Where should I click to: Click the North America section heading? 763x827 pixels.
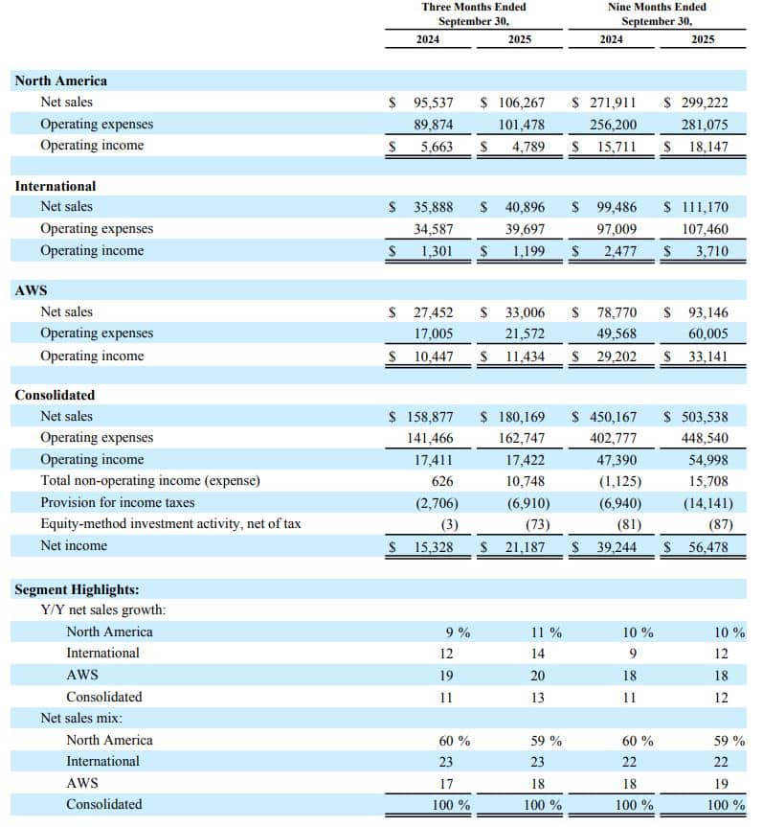click(60, 80)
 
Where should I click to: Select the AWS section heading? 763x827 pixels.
click(32, 290)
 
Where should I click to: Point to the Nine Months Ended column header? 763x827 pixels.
click(657, 13)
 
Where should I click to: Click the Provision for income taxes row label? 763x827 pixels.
click(117, 502)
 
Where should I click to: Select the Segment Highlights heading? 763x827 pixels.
click(77, 590)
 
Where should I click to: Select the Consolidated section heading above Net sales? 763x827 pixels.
click(55, 395)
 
